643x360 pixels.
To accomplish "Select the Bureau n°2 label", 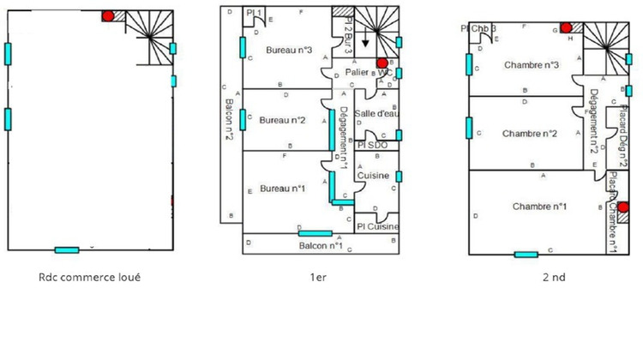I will coord(282,120).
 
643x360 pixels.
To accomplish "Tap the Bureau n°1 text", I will coord(282,188).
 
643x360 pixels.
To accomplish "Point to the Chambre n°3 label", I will coord(532,65).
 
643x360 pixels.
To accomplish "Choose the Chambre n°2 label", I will coord(530,133).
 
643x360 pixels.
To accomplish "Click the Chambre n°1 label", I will coord(540,207).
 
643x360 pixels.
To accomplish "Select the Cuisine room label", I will coord(375,176).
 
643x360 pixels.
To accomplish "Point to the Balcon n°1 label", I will coord(321,246).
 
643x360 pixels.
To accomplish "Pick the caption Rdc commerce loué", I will coord(90,277).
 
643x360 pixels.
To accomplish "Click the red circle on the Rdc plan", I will coord(107,15).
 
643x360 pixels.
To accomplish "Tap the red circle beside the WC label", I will coord(382,63).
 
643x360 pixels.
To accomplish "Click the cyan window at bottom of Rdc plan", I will coord(67,249).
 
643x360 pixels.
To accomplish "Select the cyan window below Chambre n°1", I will coord(526,254).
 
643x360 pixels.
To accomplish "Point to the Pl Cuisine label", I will coord(377,226).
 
